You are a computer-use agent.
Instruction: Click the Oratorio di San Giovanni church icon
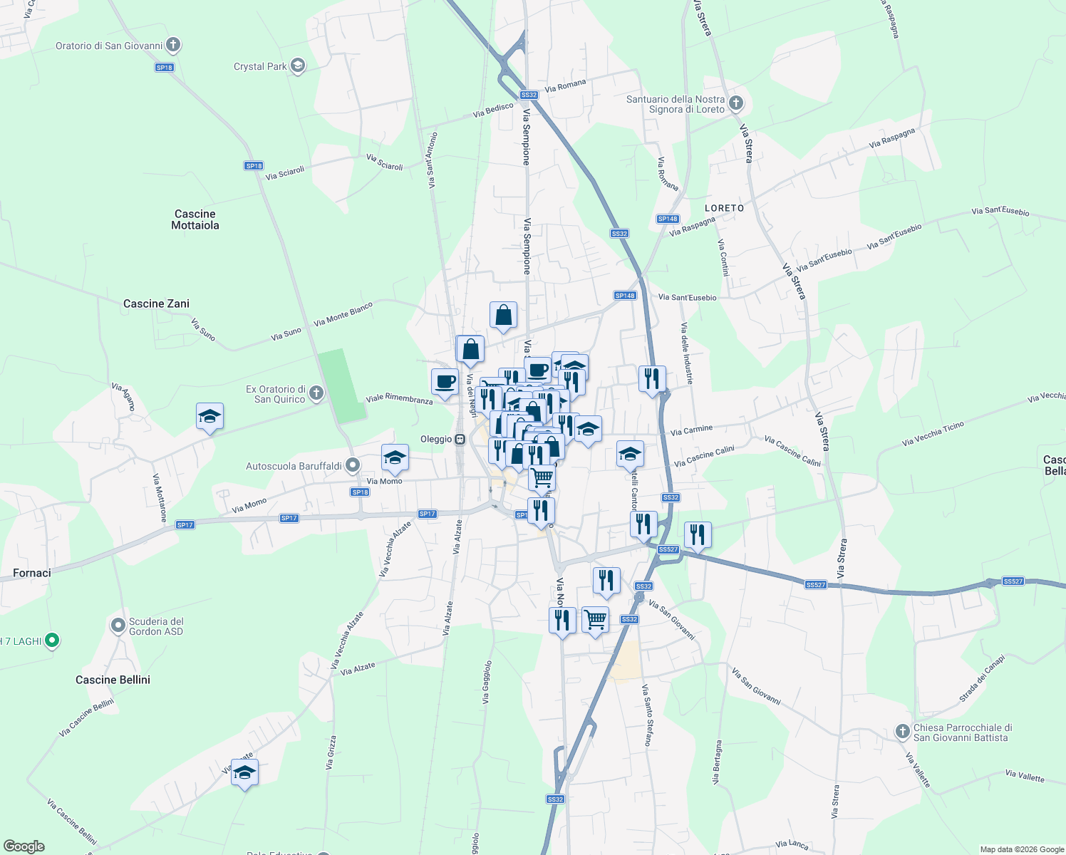[172, 46]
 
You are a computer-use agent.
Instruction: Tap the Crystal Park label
[260, 66]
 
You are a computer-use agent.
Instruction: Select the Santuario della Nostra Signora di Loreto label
[675, 104]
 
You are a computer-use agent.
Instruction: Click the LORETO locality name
[724, 208]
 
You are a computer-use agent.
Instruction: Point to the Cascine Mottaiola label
[195, 219]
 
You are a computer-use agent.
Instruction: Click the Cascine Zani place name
[156, 304]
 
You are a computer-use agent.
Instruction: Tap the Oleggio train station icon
[460, 439]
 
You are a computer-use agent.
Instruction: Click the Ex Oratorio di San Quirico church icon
[316, 393]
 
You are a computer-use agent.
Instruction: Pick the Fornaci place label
[32, 573]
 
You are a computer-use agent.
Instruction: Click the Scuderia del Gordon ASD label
[155, 626]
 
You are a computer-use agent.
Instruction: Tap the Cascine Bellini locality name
[113, 680]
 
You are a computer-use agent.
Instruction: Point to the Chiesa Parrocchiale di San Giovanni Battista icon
[903, 732]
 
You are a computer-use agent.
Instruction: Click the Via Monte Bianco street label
[343, 314]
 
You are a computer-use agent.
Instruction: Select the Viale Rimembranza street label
[399, 399]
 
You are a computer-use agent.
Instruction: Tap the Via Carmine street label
[691, 430]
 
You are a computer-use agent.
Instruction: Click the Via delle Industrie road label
[686, 353]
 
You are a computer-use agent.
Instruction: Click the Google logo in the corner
[24, 846]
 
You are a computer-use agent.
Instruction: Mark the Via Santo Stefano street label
[646, 715]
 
